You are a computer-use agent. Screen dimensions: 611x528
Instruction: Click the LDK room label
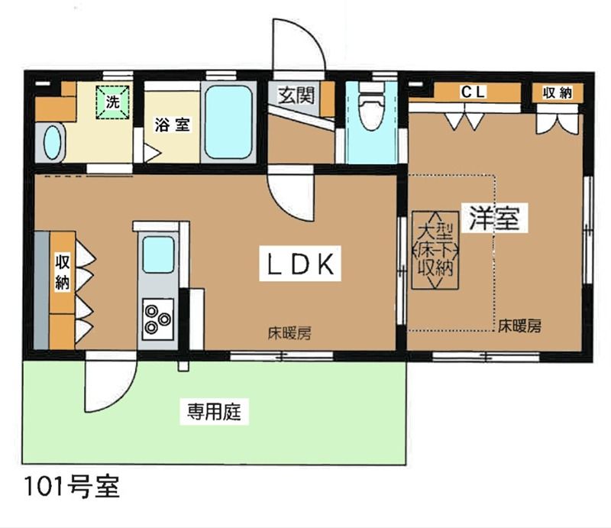[300, 264]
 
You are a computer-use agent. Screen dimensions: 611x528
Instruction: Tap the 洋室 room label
[494, 218]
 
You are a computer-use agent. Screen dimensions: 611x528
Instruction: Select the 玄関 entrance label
[296, 95]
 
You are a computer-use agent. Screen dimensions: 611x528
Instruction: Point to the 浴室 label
[173, 125]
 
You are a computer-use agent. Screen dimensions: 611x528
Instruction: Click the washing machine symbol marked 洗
[112, 102]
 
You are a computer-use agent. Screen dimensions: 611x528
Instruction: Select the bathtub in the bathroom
[228, 121]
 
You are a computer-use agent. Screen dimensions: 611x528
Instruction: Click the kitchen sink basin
[158, 254]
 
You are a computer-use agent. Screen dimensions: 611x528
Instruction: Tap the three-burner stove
[157, 319]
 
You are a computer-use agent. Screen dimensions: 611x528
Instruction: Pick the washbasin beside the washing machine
[52, 142]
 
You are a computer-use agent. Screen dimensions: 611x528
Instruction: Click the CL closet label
[473, 92]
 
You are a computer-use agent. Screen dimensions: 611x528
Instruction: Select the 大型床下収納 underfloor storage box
[435, 250]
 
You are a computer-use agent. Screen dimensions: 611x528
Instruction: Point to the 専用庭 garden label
[215, 411]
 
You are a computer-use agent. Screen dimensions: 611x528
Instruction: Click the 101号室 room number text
[72, 486]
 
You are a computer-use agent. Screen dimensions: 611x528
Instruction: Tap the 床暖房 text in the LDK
[289, 333]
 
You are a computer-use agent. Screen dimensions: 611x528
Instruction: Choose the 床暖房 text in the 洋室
[520, 326]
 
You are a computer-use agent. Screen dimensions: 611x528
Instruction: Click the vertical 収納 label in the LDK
[63, 272]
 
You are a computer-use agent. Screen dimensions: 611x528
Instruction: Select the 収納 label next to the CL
[558, 92]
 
